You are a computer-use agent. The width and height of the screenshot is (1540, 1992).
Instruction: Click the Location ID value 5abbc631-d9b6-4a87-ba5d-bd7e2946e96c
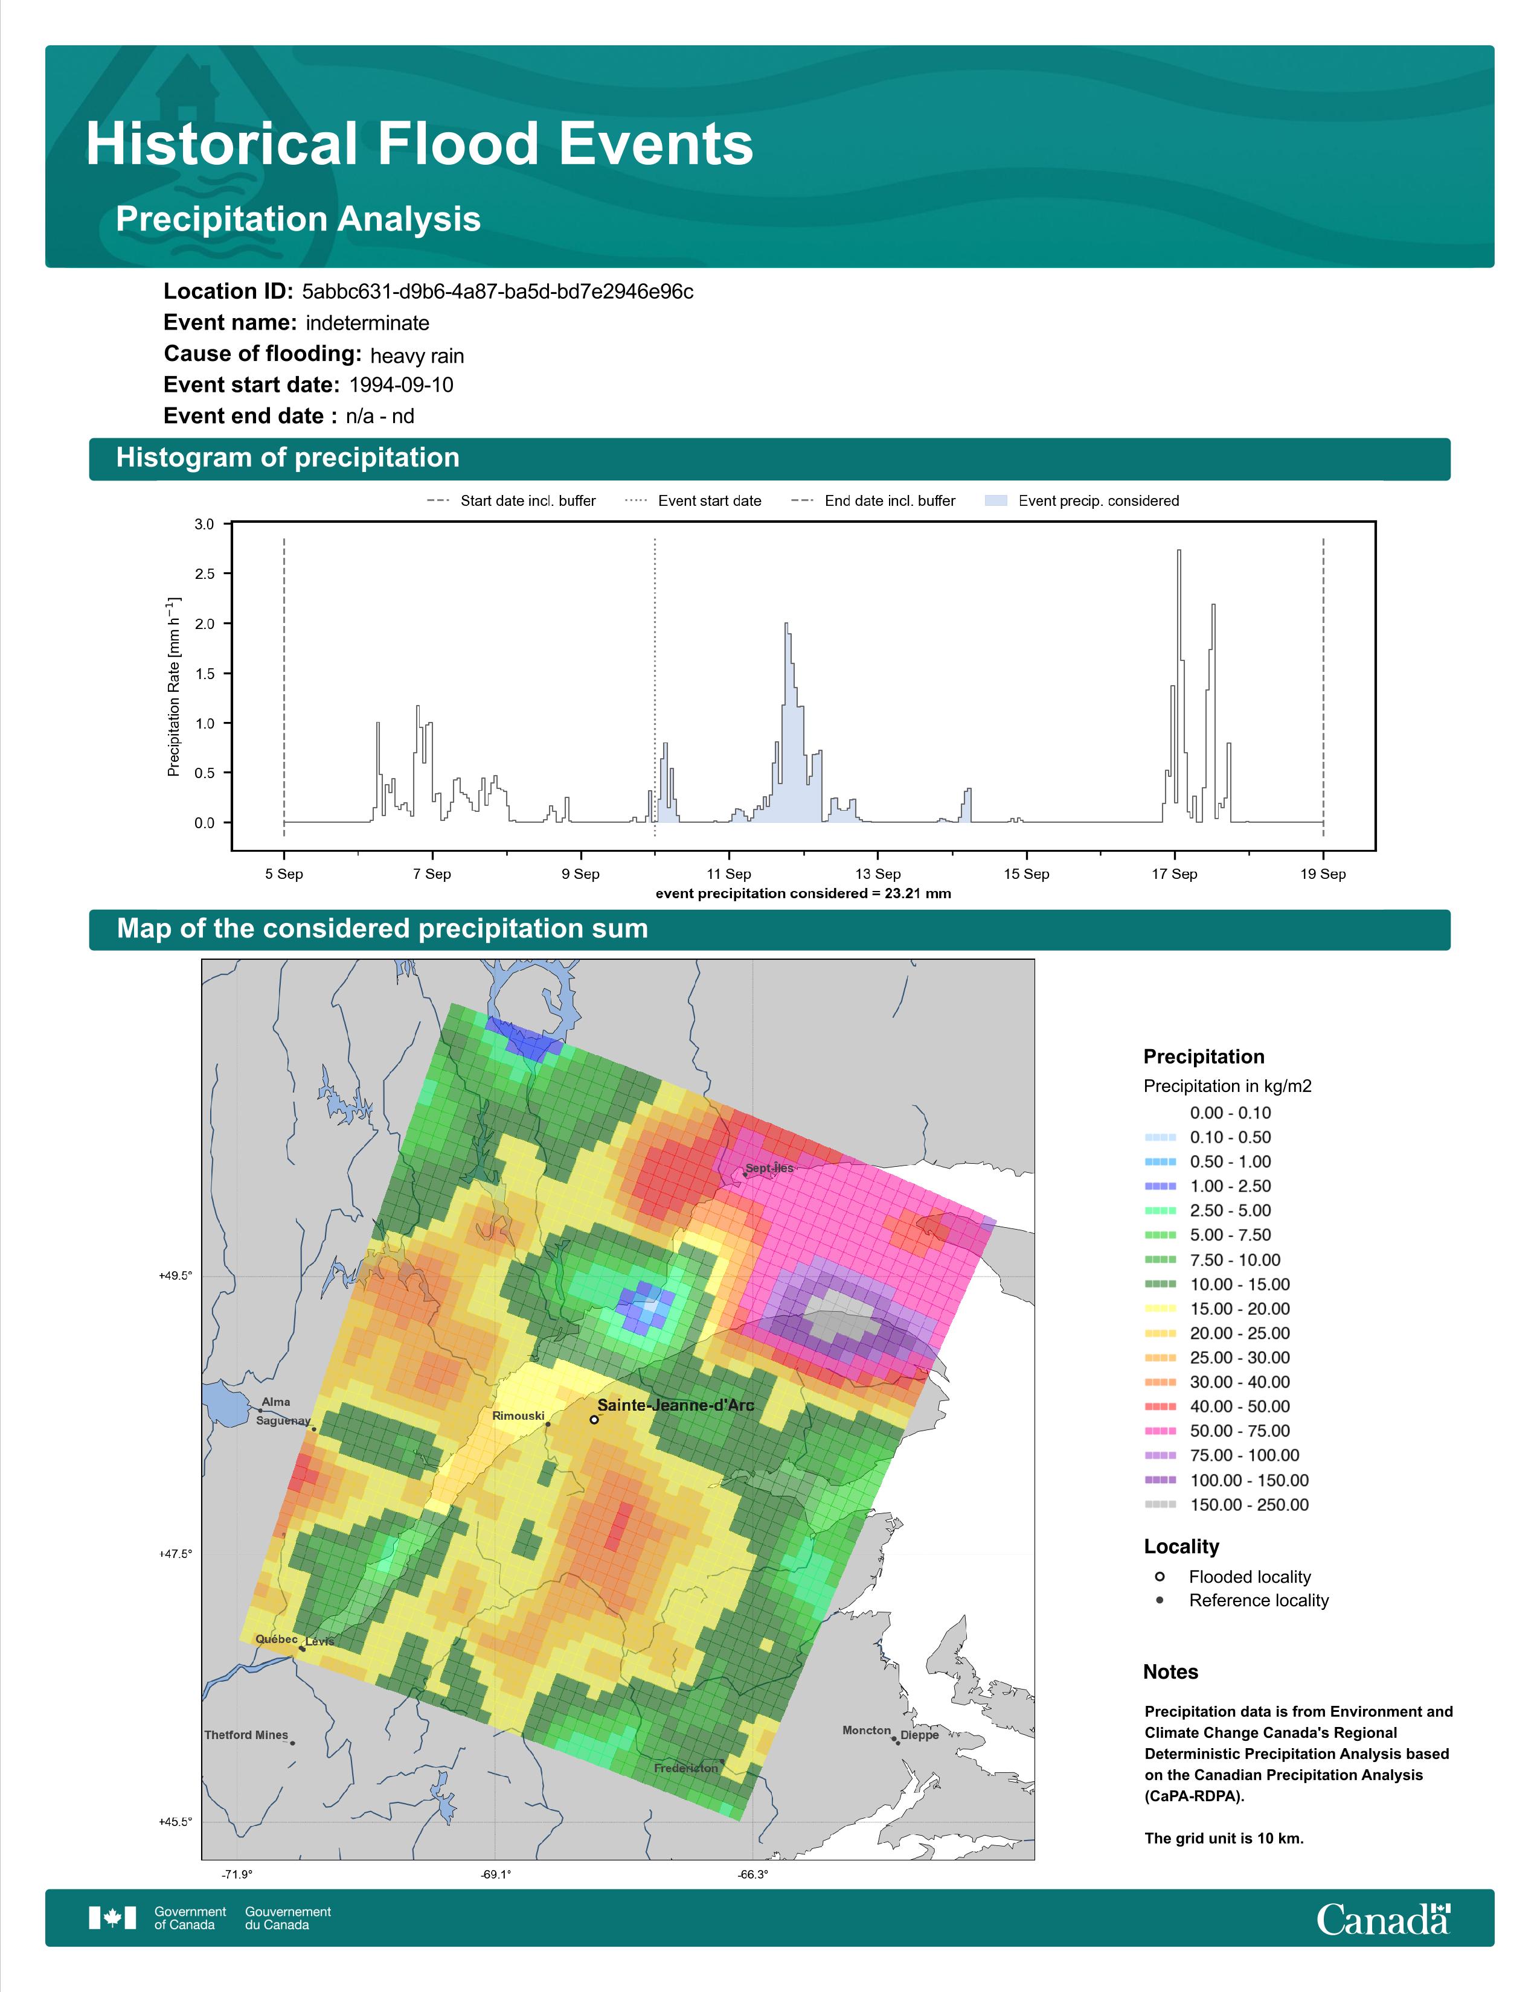[x=497, y=292]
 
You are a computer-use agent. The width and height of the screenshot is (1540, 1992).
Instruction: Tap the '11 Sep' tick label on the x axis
[x=729, y=874]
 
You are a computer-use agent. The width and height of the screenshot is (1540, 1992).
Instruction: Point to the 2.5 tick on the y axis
[x=204, y=573]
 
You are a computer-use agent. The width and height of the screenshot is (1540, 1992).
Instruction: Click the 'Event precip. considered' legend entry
[x=1082, y=501]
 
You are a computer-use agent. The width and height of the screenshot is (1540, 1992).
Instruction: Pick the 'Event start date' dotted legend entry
[x=693, y=501]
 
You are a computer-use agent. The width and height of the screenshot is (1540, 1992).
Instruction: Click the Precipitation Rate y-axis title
[x=173, y=687]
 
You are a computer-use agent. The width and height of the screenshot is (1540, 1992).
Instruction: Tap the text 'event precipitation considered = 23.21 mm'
[x=803, y=894]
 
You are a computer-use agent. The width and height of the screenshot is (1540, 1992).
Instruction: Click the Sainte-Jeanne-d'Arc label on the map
[x=675, y=1405]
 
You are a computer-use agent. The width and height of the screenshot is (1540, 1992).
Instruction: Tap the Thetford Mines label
[x=246, y=1735]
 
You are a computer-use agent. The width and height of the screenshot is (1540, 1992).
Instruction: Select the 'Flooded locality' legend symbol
[x=1160, y=1577]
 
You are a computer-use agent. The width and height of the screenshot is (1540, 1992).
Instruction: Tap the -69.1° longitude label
[x=495, y=1874]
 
